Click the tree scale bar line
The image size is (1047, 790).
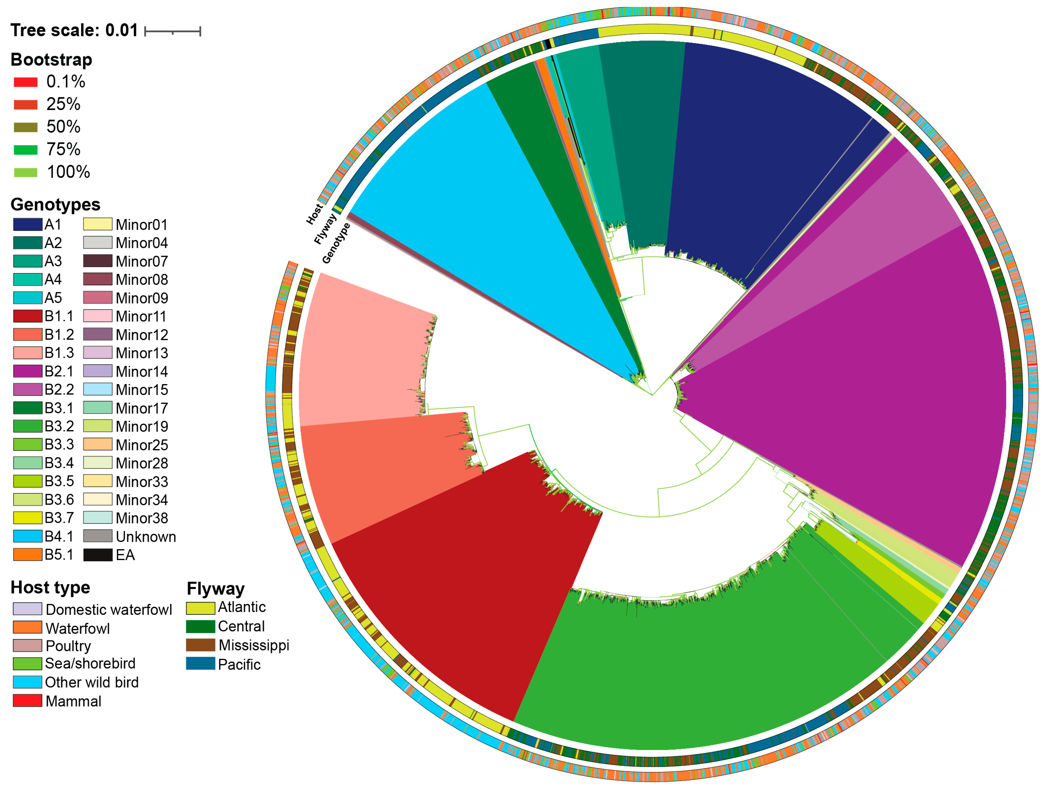click(x=172, y=32)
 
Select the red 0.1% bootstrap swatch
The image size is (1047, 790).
click(x=26, y=82)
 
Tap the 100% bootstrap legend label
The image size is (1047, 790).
click(x=68, y=172)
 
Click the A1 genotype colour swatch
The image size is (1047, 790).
click(x=27, y=225)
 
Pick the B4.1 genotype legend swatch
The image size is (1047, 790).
click(x=27, y=536)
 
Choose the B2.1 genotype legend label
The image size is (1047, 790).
click(x=59, y=371)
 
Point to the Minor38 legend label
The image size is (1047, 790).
click(x=142, y=518)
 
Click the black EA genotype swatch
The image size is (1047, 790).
click(x=98, y=554)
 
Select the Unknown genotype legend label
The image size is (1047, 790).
click(x=146, y=537)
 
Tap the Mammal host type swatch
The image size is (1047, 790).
click(x=27, y=700)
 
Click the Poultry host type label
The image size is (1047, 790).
click(x=68, y=646)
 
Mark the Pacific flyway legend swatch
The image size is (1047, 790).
click(x=200, y=663)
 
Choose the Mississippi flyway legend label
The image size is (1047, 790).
click(x=254, y=645)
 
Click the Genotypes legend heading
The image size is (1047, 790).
click(x=55, y=204)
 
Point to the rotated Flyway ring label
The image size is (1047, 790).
click(x=325, y=229)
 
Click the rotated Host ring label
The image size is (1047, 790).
click(x=314, y=214)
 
